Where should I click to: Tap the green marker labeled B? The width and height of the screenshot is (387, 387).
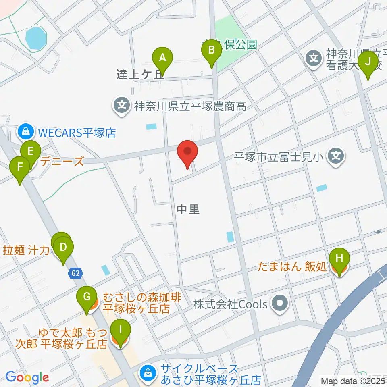point(211,51)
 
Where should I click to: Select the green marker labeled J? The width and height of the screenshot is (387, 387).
point(367,62)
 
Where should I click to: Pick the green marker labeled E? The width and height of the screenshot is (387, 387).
point(30,152)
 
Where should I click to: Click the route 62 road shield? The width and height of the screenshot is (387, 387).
point(75,273)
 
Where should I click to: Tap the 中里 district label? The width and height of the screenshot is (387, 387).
point(188,209)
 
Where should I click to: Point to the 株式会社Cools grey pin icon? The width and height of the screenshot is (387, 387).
point(279,304)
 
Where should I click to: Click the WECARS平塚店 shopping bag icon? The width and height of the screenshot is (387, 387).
point(25,131)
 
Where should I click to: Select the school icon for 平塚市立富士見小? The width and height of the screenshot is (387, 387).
point(335,155)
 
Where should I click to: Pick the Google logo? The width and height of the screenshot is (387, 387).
point(27,378)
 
